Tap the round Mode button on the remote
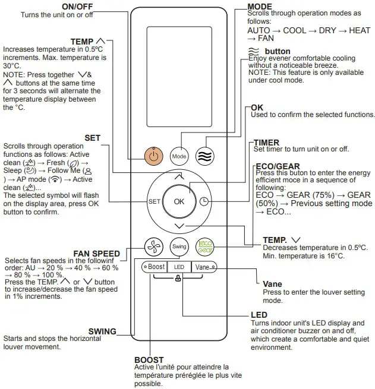179,156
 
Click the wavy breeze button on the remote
204,156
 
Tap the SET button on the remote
155,201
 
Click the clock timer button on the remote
204,201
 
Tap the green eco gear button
205,246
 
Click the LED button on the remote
178,267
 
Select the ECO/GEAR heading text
276,166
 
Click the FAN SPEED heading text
96,254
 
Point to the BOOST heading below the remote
149,360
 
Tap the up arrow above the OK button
179,176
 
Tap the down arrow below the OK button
179,226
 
